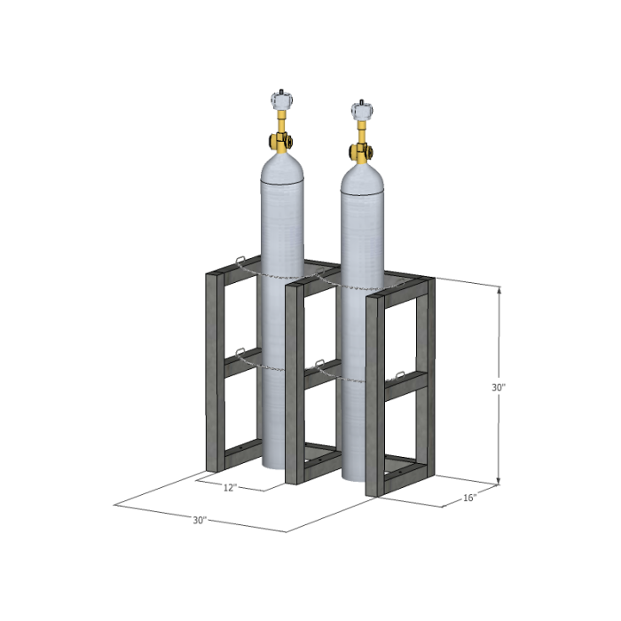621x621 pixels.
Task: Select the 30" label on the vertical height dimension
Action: point(499,388)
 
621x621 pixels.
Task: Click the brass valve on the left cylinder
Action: point(280,139)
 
